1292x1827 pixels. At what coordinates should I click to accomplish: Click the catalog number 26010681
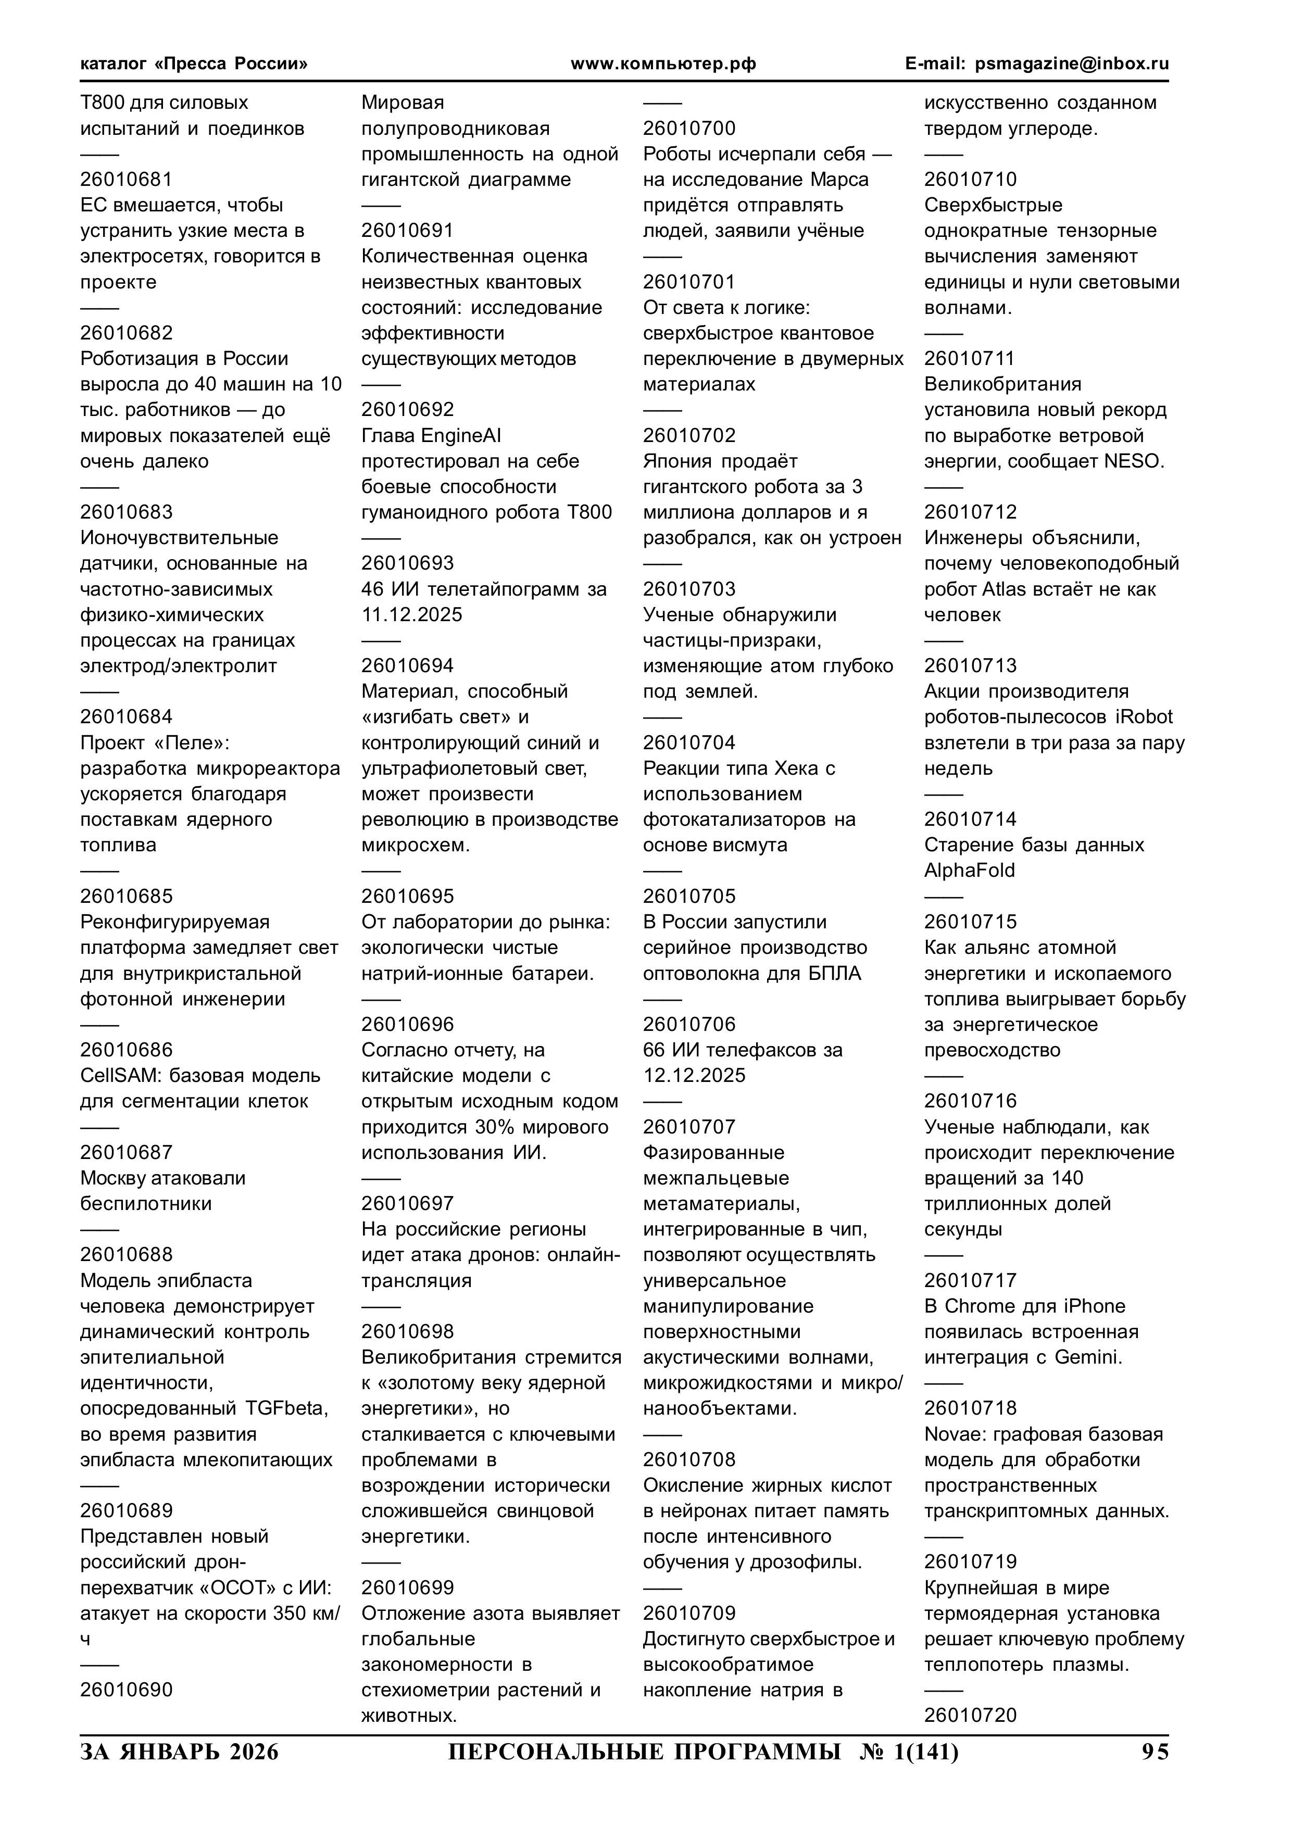point(126,180)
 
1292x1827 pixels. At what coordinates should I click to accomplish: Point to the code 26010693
point(408,563)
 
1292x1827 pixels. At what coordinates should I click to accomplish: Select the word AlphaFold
point(970,871)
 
